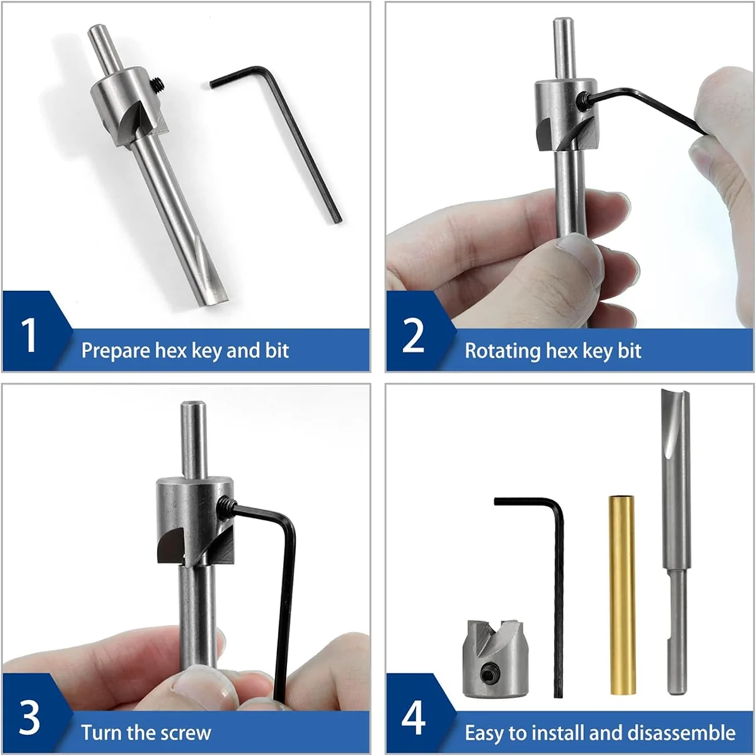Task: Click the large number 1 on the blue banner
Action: click(x=30, y=335)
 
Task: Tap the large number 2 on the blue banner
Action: click(x=413, y=336)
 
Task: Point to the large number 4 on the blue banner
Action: click(x=413, y=718)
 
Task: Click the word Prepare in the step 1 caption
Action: click(x=115, y=350)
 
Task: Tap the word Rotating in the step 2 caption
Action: click(x=502, y=350)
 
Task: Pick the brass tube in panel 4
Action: click(x=622, y=595)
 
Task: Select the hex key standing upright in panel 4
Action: click(x=557, y=598)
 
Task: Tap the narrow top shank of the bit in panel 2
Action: click(x=563, y=47)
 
